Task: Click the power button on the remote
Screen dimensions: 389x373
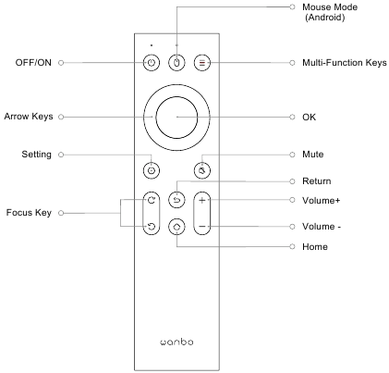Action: (x=152, y=63)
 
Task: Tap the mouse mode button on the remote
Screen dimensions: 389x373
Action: (x=176, y=63)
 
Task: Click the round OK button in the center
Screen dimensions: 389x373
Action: (x=176, y=117)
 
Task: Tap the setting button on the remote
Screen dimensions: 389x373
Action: (x=152, y=170)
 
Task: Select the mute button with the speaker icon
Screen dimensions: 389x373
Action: (x=202, y=170)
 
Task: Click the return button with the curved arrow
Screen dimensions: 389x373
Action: (x=176, y=200)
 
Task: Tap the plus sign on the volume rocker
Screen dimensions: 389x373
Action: (x=202, y=200)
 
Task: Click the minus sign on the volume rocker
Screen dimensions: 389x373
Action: (x=202, y=227)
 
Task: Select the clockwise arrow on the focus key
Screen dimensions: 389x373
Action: (x=152, y=200)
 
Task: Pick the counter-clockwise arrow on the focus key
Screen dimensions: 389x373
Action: (x=152, y=227)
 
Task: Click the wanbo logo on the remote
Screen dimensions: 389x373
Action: (x=176, y=342)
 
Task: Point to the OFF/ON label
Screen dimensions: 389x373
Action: (x=33, y=63)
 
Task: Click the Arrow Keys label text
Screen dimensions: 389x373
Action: (x=29, y=117)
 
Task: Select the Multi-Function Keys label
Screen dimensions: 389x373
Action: (x=345, y=63)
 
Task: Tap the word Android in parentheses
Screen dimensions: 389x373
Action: (x=325, y=18)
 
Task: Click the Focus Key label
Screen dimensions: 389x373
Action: (x=29, y=213)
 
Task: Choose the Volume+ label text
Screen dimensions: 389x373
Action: (x=322, y=201)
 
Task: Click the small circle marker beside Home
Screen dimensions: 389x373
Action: (x=292, y=246)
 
